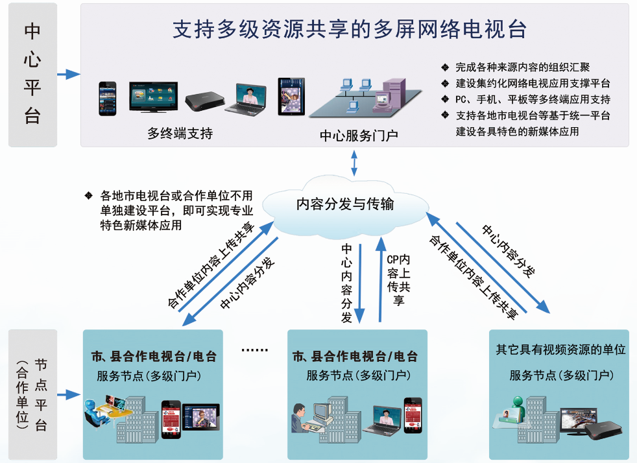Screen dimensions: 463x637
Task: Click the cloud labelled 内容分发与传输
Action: [345, 204]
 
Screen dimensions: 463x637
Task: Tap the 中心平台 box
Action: [32, 75]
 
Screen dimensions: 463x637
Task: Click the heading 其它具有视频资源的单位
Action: [560, 350]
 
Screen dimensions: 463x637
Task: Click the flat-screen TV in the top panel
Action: [152, 97]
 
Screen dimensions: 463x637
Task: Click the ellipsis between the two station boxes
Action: [254, 351]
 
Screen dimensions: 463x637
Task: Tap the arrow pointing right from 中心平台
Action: [68, 75]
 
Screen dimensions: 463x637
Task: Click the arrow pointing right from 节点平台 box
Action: [68, 394]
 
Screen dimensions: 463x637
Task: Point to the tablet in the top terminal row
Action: [291, 96]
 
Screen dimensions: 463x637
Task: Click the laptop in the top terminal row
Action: [247, 99]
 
